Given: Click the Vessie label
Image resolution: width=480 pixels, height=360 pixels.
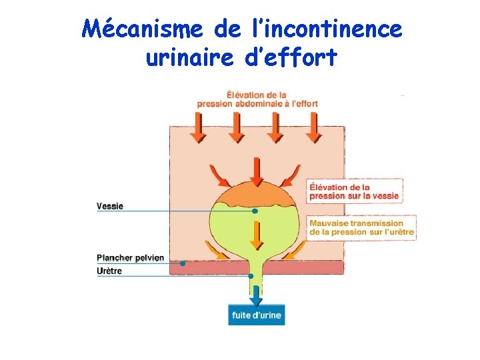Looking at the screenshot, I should pos(110,206).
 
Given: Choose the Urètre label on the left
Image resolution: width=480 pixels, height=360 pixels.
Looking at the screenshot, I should pos(109,271).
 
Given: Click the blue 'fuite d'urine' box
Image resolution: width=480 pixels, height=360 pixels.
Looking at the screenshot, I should pos(257,315).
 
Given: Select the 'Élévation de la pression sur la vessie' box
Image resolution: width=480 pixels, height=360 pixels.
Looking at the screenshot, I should pos(355,191).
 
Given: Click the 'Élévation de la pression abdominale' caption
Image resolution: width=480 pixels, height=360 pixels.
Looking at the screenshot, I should pos(257,99).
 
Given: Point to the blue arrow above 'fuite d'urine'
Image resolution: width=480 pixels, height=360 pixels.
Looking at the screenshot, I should pos(256,294).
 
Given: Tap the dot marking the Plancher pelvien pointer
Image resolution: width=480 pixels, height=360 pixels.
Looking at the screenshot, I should pos(183,263).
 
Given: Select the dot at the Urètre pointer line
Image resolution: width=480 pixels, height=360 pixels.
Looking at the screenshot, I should pos(251,276).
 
